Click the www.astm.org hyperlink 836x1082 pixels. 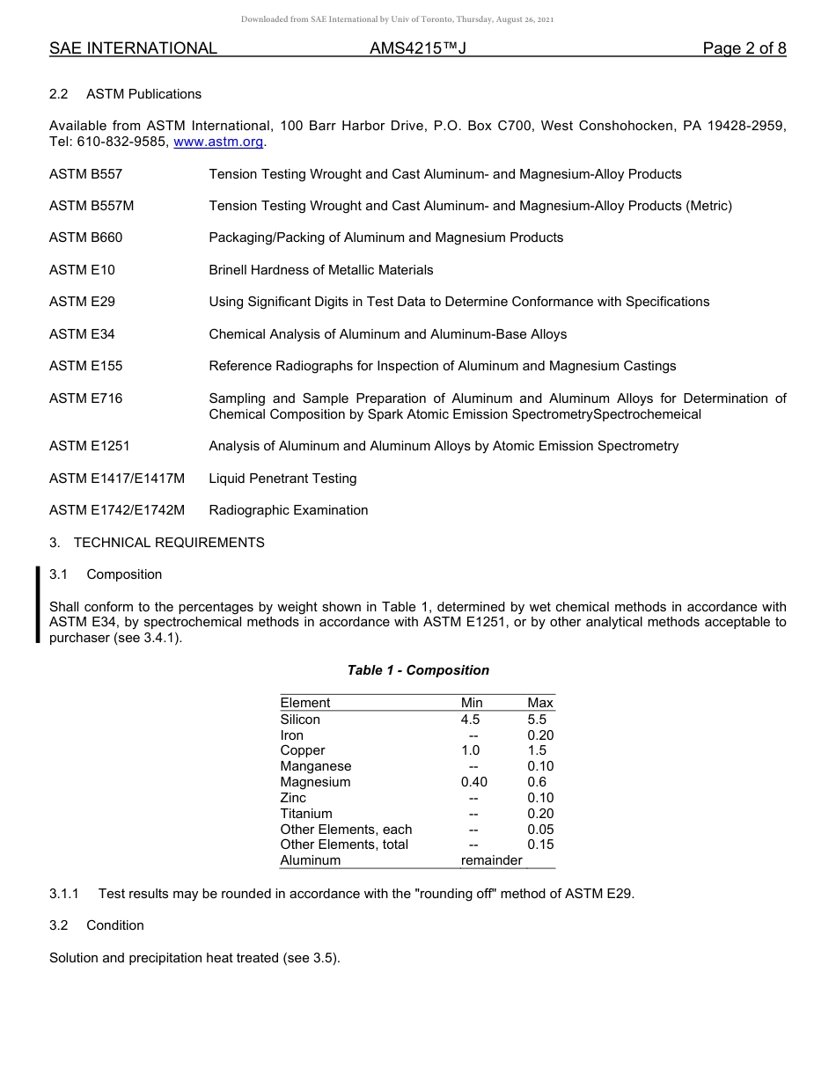click(218, 142)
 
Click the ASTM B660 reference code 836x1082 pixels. click(85, 238)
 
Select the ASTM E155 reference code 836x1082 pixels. click(85, 366)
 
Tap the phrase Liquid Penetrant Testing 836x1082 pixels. click(282, 479)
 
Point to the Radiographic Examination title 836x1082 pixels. click(288, 510)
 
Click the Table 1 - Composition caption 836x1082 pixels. click(418, 670)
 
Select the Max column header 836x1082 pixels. click(539, 703)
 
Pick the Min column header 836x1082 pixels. click(472, 703)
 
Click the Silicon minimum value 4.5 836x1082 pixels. click(471, 720)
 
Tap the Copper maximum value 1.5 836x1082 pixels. click(537, 750)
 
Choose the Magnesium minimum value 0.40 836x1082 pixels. click(473, 782)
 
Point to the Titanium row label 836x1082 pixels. click(305, 814)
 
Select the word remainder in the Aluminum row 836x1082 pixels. click(491, 860)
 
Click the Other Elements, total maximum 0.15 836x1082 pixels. click(540, 844)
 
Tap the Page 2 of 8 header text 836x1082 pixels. click(744, 48)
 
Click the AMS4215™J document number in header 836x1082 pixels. click(417, 48)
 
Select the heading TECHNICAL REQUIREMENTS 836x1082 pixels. click(169, 543)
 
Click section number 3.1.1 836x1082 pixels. click(64, 894)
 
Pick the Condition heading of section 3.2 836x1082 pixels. click(114, 925)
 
